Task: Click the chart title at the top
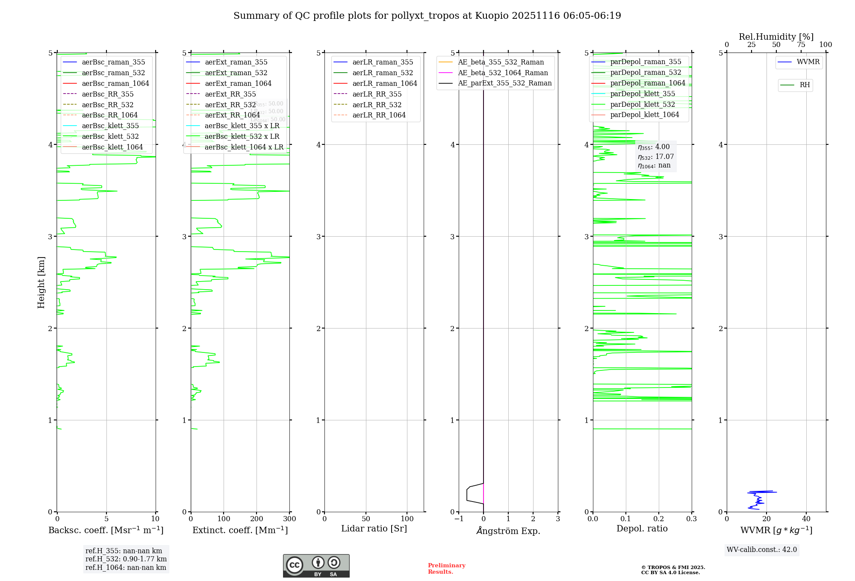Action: [x=427, y=16]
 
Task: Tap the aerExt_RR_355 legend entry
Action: [x=230, y=94]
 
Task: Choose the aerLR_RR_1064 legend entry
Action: [x=379, y=115]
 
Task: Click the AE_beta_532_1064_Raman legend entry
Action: [x=503, y=73]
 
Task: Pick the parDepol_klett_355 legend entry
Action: [x=643, y=94]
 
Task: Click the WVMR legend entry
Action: [x=808, y=62]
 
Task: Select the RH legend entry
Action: [x=805, y=85]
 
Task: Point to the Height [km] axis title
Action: [x=41, y=282]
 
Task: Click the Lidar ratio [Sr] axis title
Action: [x=374, y=528]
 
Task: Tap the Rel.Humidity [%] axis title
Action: [x=776, y=37]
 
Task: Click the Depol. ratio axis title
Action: [x=642, y=528]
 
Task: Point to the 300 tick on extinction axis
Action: [x=289, y=519]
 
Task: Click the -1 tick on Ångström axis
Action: [x=458, y=519]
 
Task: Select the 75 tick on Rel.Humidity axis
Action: [x=801, y=45]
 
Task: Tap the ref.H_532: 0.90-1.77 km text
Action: [x=126, y=559]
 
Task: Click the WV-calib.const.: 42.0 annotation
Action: [x=762, y=550]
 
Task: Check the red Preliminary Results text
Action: [x=446, y=569]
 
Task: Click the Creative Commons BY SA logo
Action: [x=316, y=566]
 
